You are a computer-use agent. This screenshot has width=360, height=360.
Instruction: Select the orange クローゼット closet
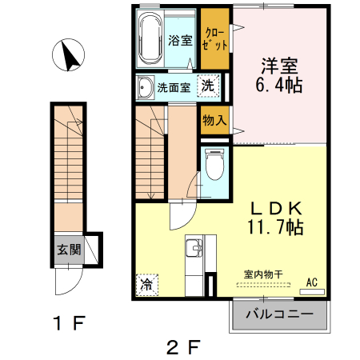click(x=214, y=38)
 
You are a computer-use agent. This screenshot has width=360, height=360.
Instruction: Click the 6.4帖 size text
click(x=279, y=83)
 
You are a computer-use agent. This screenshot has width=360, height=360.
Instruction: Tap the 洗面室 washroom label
click(x=173, y=88)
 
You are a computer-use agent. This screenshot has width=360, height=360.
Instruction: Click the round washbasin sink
click(x=145, y=87)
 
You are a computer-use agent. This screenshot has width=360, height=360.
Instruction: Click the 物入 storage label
click(x=214, y=121)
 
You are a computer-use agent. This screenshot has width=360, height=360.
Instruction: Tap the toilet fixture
click(x=214, y=164)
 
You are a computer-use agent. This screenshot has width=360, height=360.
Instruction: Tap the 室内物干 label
click(x=263, y=274)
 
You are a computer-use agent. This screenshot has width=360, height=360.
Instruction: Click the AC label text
click(x=312, y=282)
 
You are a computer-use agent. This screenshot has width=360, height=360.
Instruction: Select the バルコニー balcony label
click(x=279, y=314)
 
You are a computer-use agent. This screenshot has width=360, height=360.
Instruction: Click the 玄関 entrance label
click(x=68, y=250)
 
